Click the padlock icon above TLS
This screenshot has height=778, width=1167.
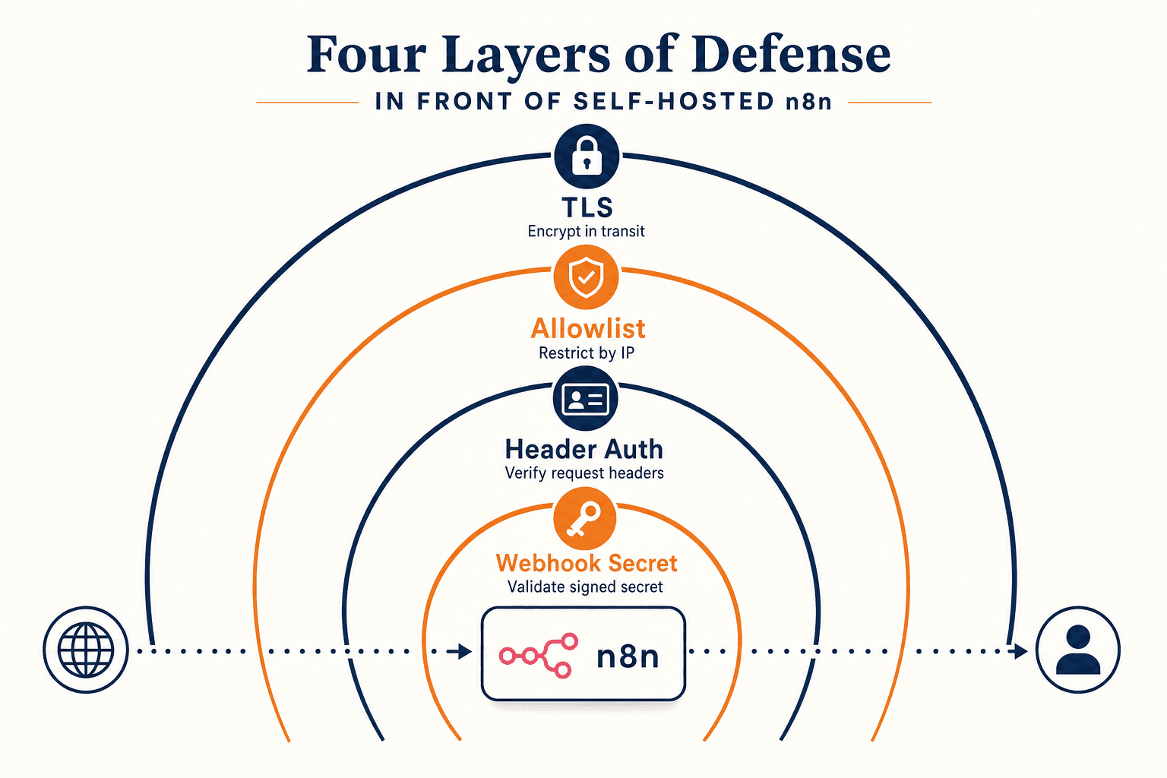(x=587, y=156)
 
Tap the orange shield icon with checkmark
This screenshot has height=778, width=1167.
(x=586, y=277)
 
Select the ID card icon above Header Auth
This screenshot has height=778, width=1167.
(x=586, y=399)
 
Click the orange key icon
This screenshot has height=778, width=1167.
(x=584, y=518)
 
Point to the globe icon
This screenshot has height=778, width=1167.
(x=86, y=650)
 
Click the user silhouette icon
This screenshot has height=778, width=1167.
(x=1078, y=650)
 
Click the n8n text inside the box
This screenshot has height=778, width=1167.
(x=628, y=656)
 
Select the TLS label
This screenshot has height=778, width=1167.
(x=587, y=207)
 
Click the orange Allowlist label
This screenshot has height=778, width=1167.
(x=587, y=328)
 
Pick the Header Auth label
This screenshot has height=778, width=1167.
(x=584, y=449)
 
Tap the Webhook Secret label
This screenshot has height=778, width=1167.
(x=587, y=563)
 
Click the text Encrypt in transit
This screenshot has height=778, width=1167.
(x=586, y=231)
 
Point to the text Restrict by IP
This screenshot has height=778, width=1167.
(x=587, y=353)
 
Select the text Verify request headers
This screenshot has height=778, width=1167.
(x=584, y=473)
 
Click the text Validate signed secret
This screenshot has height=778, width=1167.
(x=585, y=587)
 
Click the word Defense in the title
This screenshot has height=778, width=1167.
(x=792, y=54)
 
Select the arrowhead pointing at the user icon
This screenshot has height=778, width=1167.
(x=1018, y=651)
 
